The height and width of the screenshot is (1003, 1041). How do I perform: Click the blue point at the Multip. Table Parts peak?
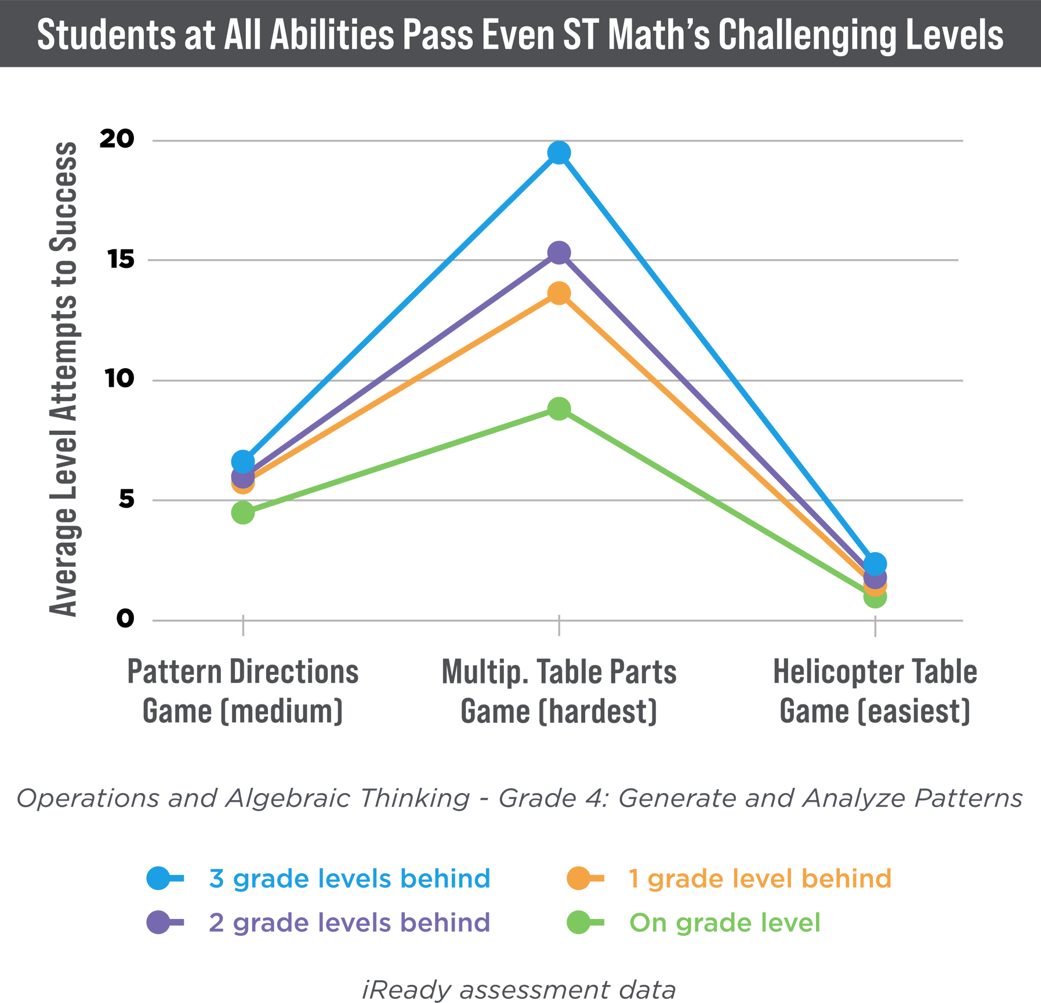point(558,153)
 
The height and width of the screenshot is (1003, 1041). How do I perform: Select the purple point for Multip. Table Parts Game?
point(558,253)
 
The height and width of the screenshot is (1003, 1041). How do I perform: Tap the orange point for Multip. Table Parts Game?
point(558,293)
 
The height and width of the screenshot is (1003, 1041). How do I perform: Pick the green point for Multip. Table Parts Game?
point(558,409)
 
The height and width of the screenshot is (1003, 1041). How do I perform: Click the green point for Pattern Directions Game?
point(243,513)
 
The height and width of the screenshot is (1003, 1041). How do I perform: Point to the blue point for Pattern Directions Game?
point(243,461)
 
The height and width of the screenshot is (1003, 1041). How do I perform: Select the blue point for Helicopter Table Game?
point(875,563)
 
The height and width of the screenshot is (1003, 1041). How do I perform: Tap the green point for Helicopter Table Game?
point(875,597)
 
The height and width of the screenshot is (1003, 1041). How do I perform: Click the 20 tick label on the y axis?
point(117,139)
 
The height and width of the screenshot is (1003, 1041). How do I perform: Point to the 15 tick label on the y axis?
point(121,259)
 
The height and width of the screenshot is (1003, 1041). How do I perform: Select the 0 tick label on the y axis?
point(125,619)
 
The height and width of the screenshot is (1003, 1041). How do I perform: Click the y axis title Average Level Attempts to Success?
point(63,380)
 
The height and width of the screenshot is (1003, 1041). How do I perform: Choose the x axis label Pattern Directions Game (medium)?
point(243,691)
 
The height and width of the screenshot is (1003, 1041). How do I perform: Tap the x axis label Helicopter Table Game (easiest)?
point(875,691)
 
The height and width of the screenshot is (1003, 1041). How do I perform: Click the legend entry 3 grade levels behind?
point(349,879)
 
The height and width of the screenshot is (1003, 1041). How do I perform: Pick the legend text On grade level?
point(724,923)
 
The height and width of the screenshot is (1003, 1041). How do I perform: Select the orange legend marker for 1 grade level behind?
point(579,878)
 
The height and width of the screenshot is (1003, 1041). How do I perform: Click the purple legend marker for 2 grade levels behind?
point(158,922)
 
